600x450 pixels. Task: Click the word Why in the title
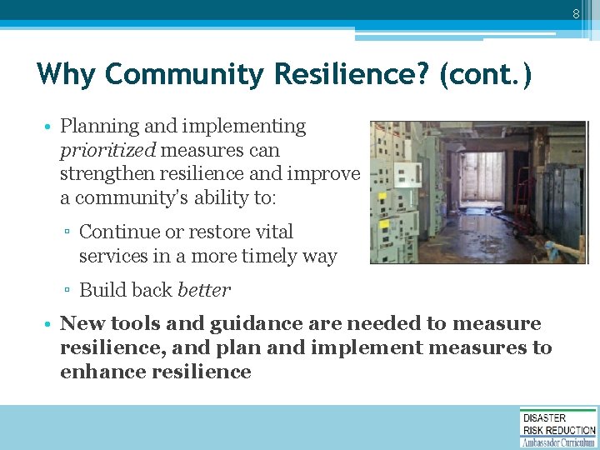pyautogui.click(x=66, y=75)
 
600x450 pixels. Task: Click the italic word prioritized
pyautogui.click(x=107, y=151)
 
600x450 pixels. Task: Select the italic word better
pyautogui.click(x=204, y=290)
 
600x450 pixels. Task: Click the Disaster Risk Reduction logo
pyautogui.click(x=558, y=427)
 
